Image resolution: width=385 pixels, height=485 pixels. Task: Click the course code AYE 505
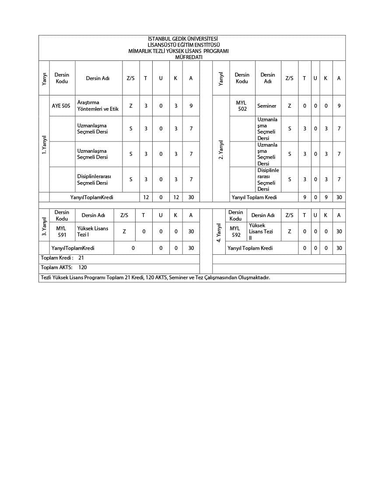point(61,106)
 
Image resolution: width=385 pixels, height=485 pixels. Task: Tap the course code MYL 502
point(242,106)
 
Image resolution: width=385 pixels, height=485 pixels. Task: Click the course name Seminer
point(266,106)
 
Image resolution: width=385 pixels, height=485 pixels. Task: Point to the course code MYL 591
point(62,232)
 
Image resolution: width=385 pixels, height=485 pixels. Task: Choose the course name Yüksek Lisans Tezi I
point(92,232)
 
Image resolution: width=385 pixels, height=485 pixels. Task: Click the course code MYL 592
point(236,232)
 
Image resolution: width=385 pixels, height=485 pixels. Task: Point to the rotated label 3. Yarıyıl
point(44,226)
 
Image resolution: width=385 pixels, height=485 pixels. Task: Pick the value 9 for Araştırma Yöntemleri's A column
point(191,106)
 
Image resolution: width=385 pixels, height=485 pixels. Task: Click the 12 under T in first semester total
point(146,197)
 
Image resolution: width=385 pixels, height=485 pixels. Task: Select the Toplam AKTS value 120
point(83,267)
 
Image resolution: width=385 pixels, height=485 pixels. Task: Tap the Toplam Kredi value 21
point(81,258)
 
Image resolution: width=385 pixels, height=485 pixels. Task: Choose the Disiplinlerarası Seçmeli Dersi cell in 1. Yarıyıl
point(94,179)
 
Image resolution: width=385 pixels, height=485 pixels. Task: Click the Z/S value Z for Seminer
point(290,106)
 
